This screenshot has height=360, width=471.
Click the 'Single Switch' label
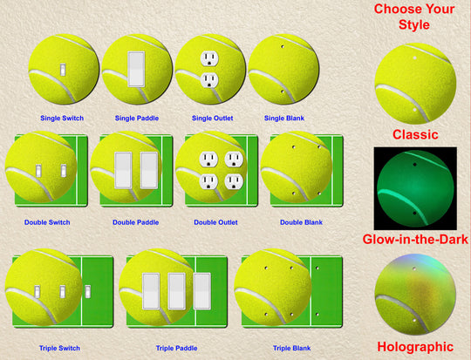[62, 118]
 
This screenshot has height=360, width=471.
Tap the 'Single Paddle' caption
[136, 118]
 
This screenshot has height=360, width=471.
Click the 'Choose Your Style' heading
[414, 17]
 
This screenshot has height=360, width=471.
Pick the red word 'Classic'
[414, 135]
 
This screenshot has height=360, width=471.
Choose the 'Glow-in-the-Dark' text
[414, 240]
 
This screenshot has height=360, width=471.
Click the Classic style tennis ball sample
[414, 83]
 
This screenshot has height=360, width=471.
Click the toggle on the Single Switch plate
[62, 71]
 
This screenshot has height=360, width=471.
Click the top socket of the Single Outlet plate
[209, 59]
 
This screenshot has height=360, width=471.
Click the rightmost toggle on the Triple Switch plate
[86, 291]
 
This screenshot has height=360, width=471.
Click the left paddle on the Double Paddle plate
[125, 170]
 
